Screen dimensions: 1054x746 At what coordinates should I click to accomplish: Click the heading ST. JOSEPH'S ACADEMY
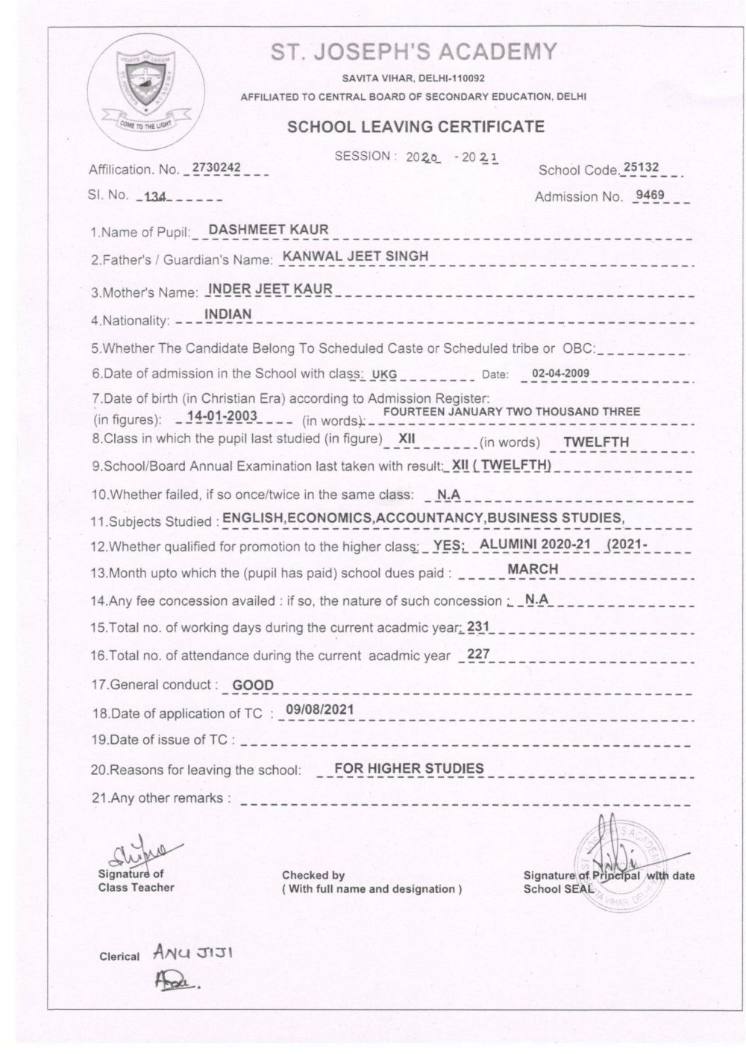point(414,51)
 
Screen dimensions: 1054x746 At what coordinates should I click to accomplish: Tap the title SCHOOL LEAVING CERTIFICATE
point(416,127)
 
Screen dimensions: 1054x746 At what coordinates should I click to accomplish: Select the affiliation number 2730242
point(216,168)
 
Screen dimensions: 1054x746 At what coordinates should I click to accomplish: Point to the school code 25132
point(641,167)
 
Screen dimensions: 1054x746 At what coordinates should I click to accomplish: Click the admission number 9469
point(649,196)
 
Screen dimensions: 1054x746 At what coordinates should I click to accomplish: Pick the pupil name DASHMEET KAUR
point(269,229)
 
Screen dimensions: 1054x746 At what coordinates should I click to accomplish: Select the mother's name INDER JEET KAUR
point(270,288)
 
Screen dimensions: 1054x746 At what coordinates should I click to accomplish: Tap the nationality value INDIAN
point(228,314)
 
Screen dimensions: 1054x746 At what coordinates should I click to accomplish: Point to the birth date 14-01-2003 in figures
point(222,415)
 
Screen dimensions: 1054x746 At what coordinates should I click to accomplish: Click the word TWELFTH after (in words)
point(596,442)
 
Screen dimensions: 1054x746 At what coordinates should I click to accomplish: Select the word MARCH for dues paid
point(533,568)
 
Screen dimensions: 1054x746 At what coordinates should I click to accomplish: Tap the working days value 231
point(477,627)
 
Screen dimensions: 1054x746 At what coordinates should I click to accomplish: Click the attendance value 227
point(477,654)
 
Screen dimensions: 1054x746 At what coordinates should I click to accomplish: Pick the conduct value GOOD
point(253,685)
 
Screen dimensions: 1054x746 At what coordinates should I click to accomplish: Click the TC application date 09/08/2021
point(319,710)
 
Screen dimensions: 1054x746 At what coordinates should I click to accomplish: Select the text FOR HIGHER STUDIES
point(409,768)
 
